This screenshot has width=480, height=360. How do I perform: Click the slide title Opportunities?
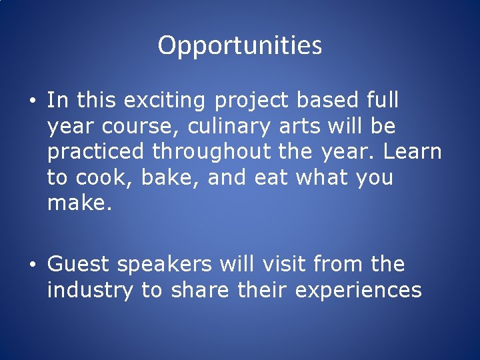coord(240,45)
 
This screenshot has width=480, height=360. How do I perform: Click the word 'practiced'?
coord(95,152)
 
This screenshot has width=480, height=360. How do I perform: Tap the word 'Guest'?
coord(78,265)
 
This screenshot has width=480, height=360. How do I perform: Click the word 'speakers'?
coord(164,265)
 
